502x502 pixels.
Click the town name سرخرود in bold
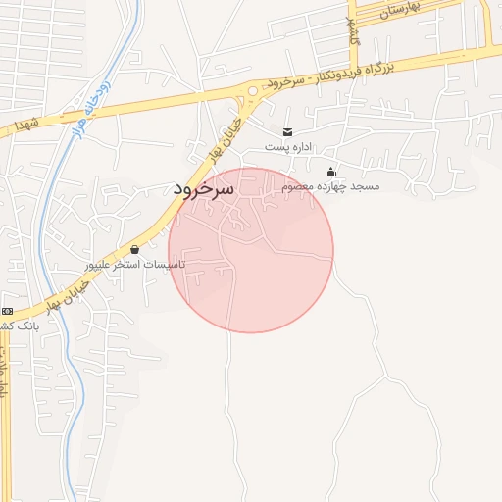204,188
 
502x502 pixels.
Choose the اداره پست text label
287,147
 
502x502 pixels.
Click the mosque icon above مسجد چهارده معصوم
330,173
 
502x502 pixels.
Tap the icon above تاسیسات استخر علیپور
134,250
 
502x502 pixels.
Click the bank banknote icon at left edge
6,311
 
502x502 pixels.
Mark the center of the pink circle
251,250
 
